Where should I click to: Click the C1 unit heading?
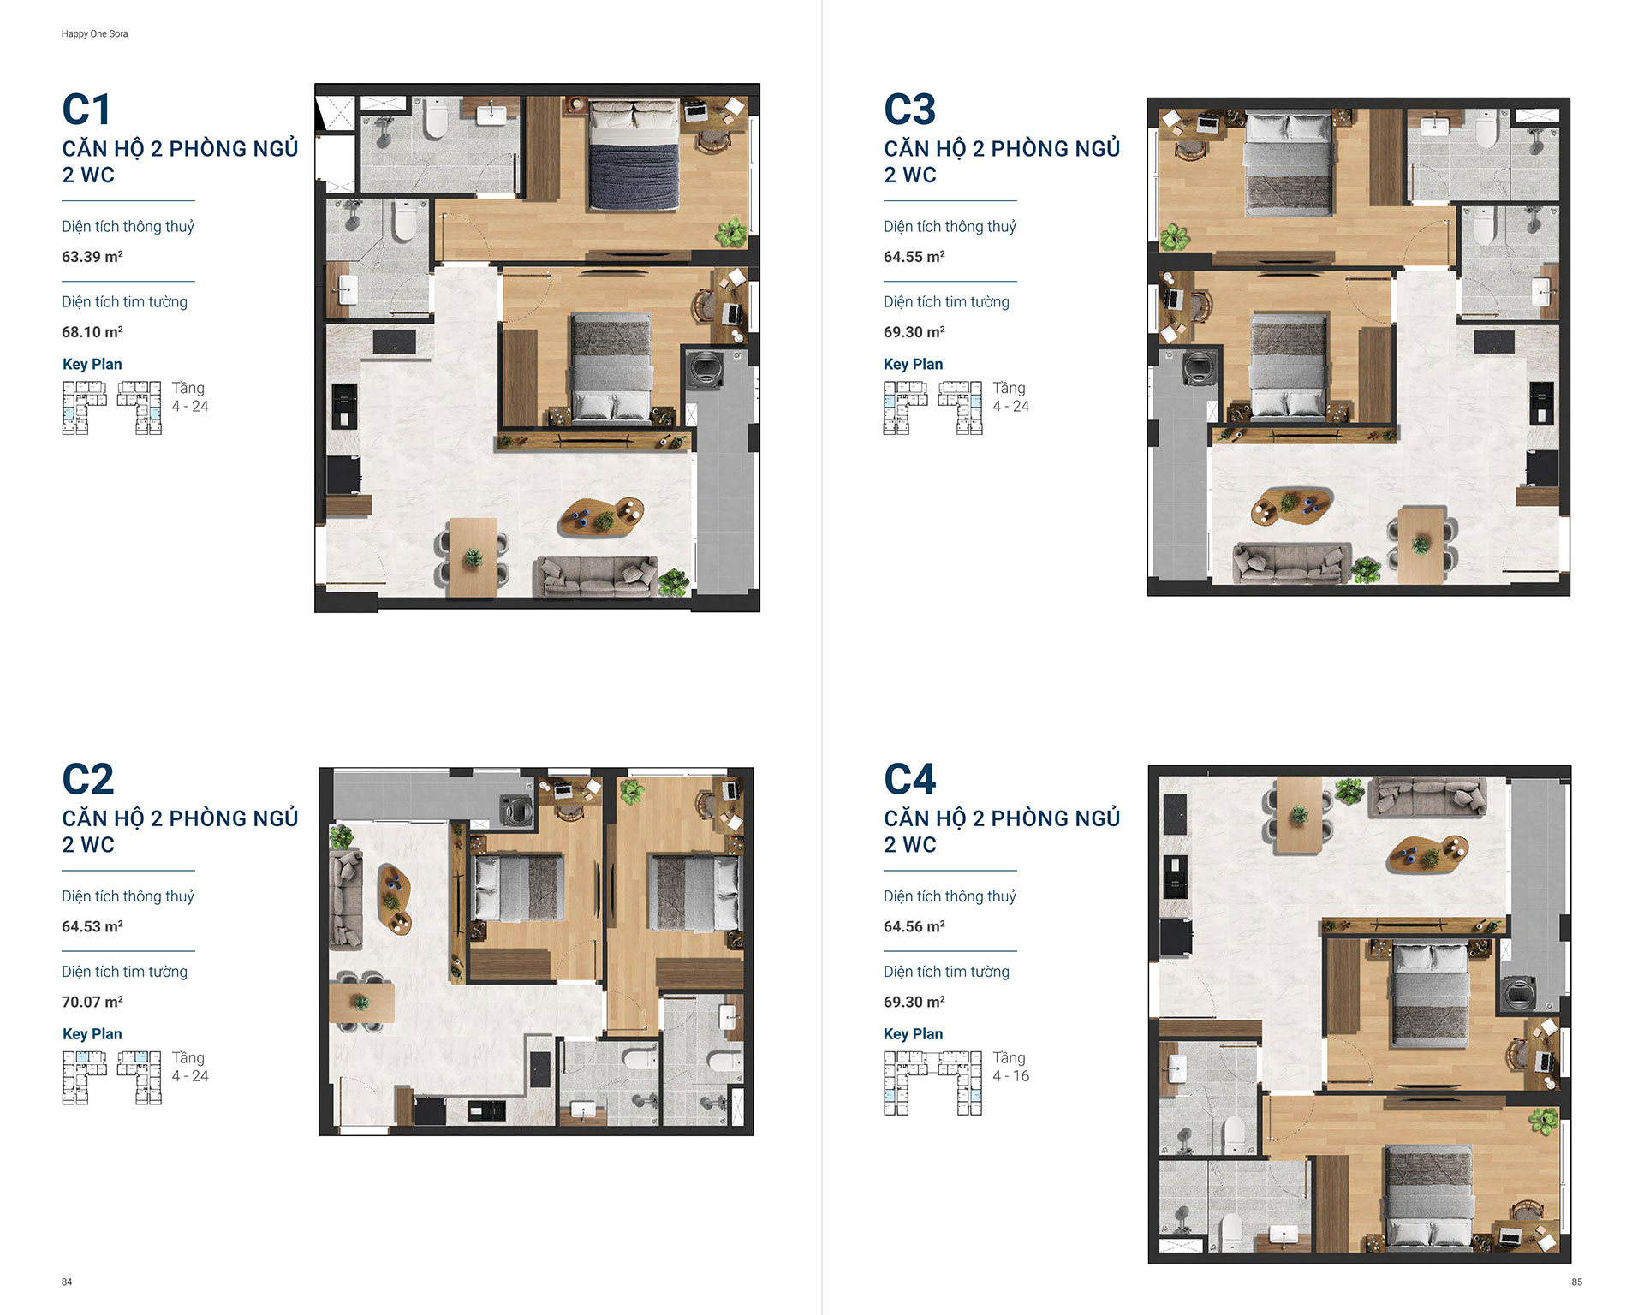point(86,110)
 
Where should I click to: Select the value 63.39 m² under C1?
point(92,257)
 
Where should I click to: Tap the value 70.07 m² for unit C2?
point(92,1002)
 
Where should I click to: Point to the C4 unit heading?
point(909,779)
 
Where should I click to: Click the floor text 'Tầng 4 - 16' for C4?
point(1010,1067)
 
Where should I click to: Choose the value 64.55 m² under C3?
point(914,257)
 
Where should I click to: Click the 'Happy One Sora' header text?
point(94,34)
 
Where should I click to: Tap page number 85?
point(1576,1282)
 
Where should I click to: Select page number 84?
point(67,1282)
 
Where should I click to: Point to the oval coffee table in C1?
point(602,516)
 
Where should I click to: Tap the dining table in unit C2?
point(362,1003)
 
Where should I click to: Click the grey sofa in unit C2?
point(346,901)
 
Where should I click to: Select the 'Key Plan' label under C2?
point(92,1034)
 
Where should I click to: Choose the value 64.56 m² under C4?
point(914,926)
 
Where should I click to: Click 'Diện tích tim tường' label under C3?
point(946,301)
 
